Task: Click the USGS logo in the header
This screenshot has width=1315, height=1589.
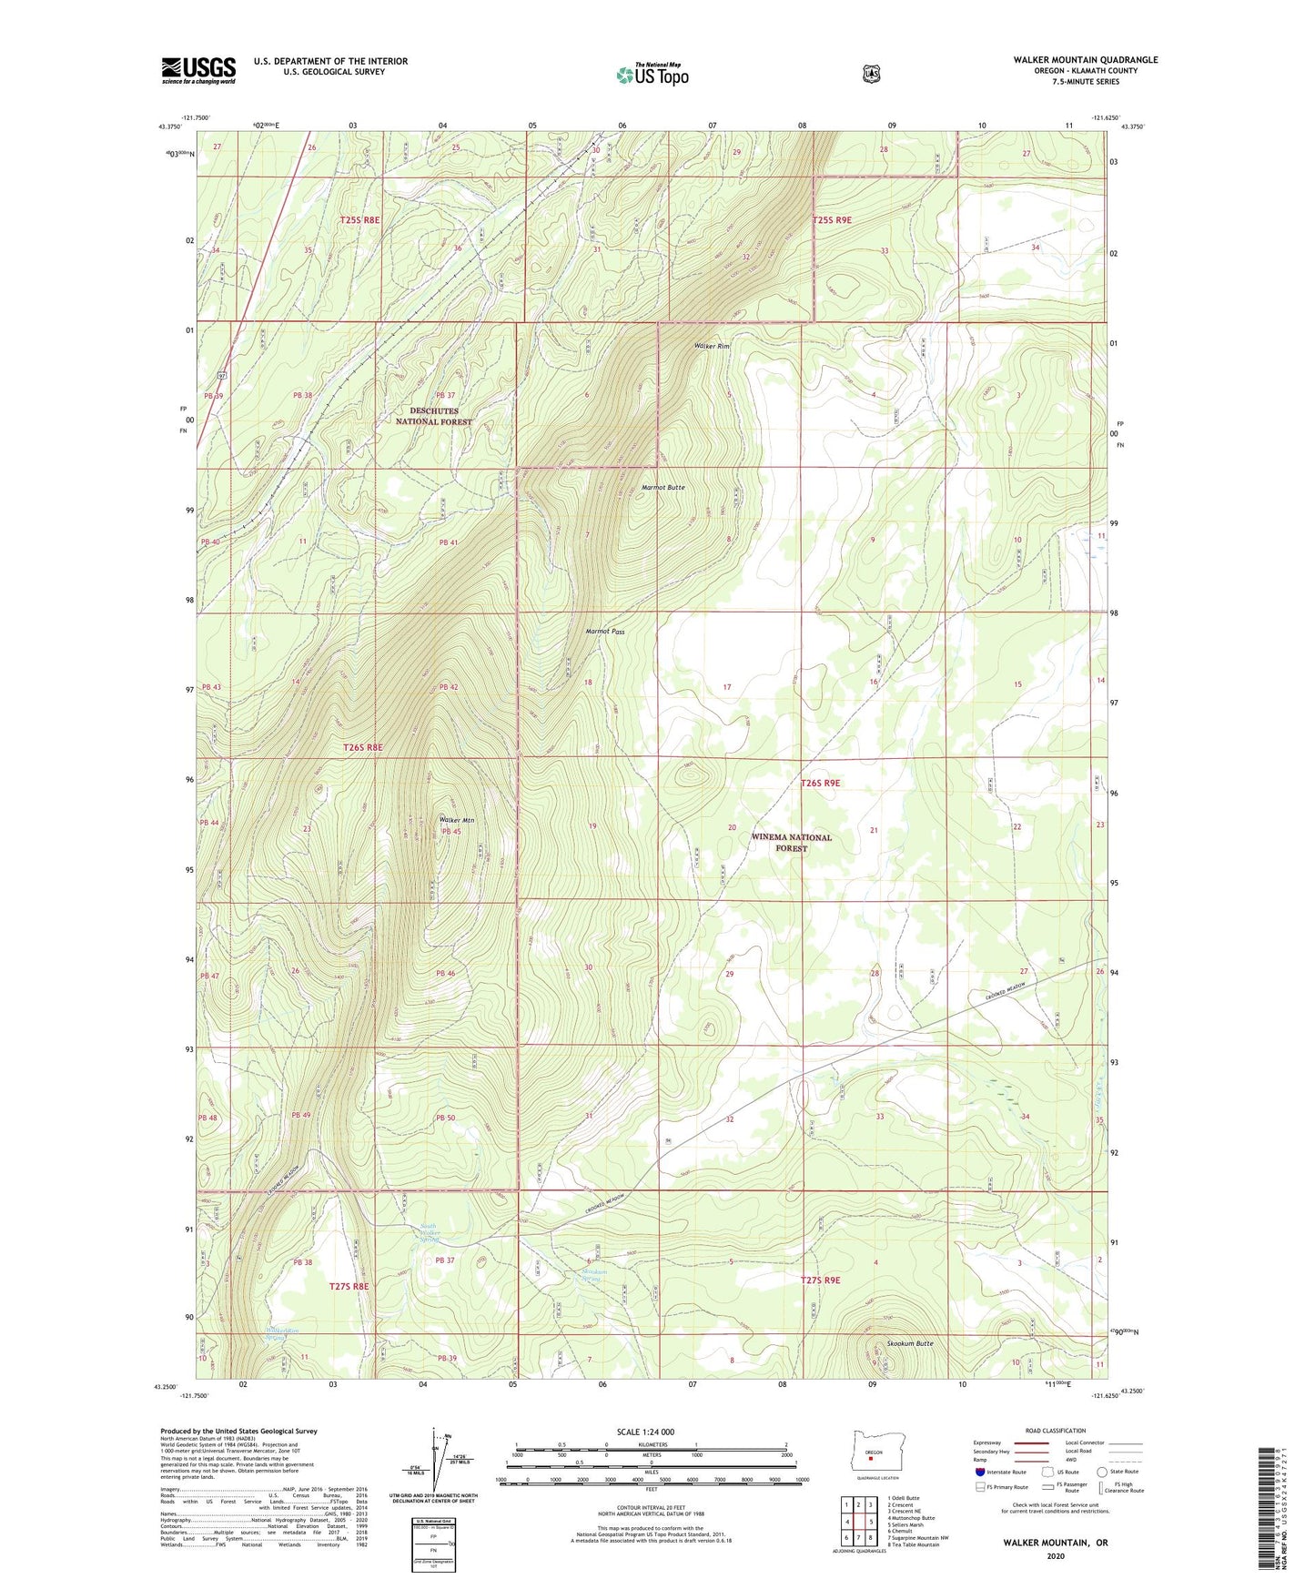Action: (198, 70)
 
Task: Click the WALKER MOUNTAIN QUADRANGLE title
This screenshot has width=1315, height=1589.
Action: (1085, 60)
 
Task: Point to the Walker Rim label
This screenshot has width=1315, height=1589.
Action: (712, 347)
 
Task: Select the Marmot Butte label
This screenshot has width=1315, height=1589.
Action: (663, 488)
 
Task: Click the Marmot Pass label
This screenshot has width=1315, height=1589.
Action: (604, 631)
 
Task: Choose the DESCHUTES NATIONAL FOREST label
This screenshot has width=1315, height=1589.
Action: (434, 417)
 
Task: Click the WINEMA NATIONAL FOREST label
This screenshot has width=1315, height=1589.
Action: (791, 842)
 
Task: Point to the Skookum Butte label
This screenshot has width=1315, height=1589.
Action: (910, 1343)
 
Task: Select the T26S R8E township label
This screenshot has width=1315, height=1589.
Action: (362, 747)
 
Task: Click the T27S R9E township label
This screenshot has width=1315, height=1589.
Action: (820, 1280)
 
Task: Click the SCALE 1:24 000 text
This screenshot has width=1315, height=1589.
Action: (645, 1432)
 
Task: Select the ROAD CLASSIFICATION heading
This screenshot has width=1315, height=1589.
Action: (1055, 1431)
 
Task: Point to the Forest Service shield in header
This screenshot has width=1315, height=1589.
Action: (871, 74)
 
